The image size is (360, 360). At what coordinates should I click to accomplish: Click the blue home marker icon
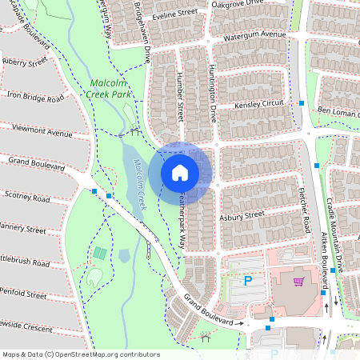(180, 172)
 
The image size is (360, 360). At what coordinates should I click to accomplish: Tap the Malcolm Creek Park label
(110, 88)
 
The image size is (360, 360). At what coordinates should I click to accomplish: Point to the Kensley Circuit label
(259, 105)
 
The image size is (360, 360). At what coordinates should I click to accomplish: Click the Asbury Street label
(242, 215)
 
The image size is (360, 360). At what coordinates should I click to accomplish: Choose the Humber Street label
(179, 99)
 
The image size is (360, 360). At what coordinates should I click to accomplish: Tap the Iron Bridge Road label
(34, 98)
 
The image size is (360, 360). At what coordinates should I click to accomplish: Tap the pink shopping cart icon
(298, 281)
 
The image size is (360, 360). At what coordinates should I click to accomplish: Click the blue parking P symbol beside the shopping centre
(247, 280)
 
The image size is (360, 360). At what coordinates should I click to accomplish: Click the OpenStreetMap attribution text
(80, 354)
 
